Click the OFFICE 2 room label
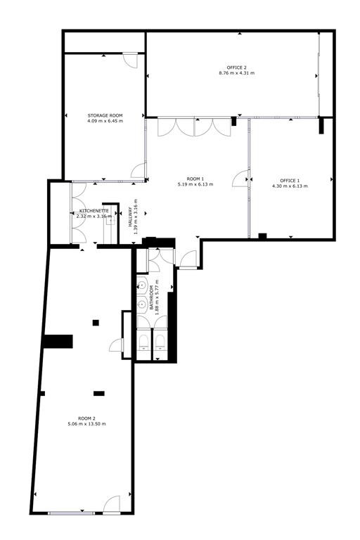pyautogui.click(x=237, y=67)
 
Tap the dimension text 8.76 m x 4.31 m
pyautogui.click(x=237, y=73)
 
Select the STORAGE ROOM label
pyautogui.click(x=105, y=116)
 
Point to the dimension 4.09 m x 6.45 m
pyautogui.click(x=105, y=121)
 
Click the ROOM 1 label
pyautogui.click(x=195, y=179)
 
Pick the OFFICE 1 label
pyautogui.click(x=290, y=181)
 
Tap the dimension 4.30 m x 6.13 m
pyautogui.click(x=290, y=186)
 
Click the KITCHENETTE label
pyautogui.click(x=94, y=211)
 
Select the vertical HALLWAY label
pyautogui.click(x=131, y=217)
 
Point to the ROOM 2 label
pyautogui.click(x=86, y=418)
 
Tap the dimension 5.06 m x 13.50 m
pyautogui.click(x=86, y=423)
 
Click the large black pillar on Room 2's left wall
pyautogui.click(x=58, y=341)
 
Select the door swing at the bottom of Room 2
pyautogui.click(x=112, y=504)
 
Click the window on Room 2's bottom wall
pyautogui.click(x=71, y=513)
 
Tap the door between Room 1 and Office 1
pyautogui.click(x=240, y=178)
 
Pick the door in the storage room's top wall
pyautogui.click(x=131, y=60)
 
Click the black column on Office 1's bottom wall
pyautogui.click(x=262, y=236)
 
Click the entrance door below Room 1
pyautogui.click(x=188, y=259)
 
